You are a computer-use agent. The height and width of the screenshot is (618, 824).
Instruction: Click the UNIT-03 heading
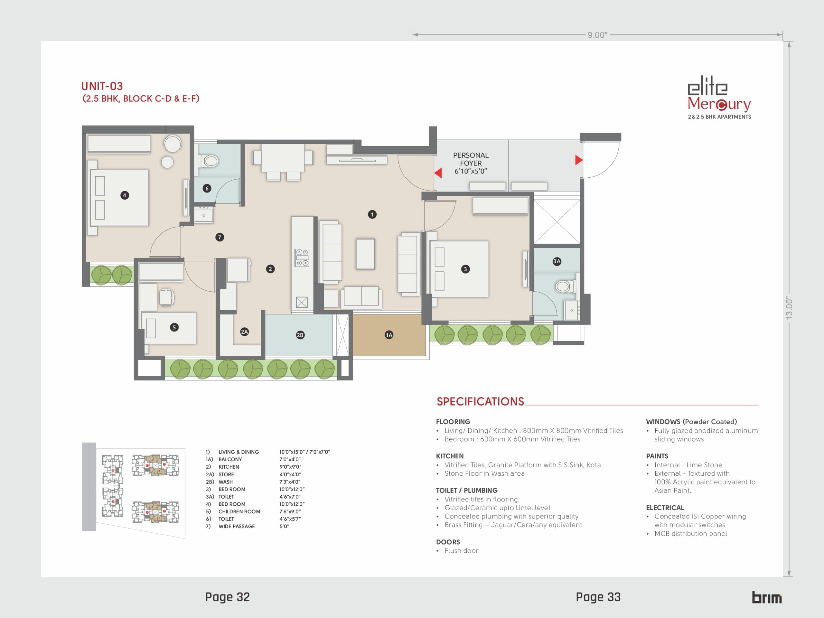coord(102,86)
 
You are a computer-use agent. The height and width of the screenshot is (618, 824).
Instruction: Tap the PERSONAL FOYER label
coord(471,159)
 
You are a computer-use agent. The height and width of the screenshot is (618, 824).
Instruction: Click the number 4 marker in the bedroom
coord(125,195)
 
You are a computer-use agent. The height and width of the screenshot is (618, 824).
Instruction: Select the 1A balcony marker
coord(389,335)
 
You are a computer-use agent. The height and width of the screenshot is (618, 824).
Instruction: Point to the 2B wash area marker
coord(300,335)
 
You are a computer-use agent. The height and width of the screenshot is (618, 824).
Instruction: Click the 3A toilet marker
coord(557,261)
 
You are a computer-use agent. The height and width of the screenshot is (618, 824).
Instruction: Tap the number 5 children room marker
coord(174,327)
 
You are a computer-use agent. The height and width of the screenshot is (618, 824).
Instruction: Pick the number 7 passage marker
coord(220,237)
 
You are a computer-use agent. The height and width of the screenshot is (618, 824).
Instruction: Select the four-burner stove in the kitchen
coord(302,257)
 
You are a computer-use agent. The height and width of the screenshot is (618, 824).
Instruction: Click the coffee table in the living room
coord(365,254)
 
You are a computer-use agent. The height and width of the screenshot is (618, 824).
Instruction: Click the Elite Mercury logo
coord(719,98)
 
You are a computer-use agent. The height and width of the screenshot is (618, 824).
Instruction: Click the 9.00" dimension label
coord(597,35)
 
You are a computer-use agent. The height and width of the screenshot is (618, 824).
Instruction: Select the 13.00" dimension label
coord(789,308)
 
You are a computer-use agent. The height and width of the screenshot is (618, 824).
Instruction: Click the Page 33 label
coord(598,597)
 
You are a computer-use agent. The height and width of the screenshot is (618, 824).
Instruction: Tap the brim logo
coord(767,597)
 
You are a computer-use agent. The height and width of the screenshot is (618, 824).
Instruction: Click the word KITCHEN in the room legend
coord(229,467)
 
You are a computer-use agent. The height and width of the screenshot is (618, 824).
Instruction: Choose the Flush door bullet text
coord(461,551)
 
